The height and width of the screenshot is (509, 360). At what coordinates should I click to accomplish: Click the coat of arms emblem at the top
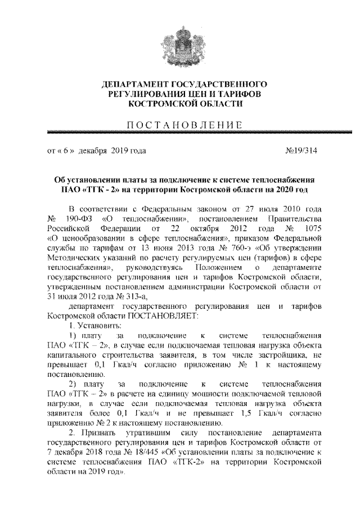[x=180, y=39]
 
